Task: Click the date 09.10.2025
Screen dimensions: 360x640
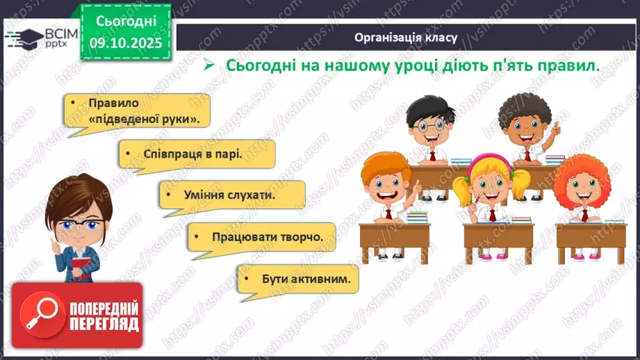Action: click(126, 42)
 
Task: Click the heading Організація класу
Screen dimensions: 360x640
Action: click(405, 38)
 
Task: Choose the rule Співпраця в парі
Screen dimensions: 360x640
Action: click(196, 154)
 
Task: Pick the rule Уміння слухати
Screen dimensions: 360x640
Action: click(231, 195)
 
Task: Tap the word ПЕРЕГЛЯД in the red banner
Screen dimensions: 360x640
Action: click(103, 323)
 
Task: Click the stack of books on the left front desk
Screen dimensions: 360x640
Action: click(416, 216)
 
